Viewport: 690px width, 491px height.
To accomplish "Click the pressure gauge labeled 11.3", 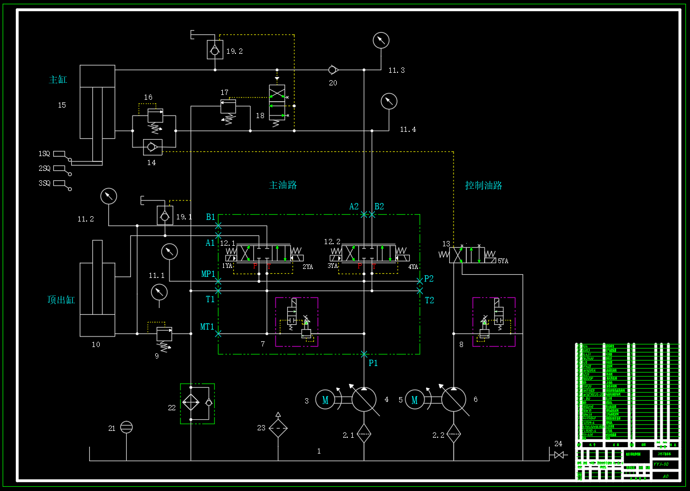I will [381, 41].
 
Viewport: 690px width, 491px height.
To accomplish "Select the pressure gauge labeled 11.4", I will [389, 101].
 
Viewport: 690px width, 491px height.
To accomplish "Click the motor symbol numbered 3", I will [325, 400].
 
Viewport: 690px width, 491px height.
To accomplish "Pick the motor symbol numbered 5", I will [414, 400].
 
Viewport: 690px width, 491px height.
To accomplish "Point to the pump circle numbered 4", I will [364, 400].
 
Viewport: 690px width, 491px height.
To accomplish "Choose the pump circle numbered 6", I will [453, 400].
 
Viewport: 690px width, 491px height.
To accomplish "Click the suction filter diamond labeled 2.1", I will [364, 434].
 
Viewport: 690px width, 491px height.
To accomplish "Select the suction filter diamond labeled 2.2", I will [453, 434].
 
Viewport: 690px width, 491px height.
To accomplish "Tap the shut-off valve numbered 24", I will [559, 455].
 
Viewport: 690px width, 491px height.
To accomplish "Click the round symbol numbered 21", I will [126, 427].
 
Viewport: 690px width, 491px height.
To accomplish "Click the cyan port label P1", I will [373, 363].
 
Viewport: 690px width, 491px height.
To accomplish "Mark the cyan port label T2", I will [430, 300].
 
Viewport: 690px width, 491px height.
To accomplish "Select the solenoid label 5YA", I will [503, 261].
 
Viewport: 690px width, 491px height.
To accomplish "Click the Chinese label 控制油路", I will [484, 185].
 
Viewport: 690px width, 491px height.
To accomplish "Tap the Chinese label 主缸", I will [58, 80].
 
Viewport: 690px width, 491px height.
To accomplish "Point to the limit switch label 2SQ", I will [44, 168].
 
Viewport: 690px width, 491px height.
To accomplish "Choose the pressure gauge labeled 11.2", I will [109, 196].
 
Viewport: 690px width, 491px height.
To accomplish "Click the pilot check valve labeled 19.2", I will [215, 51].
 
